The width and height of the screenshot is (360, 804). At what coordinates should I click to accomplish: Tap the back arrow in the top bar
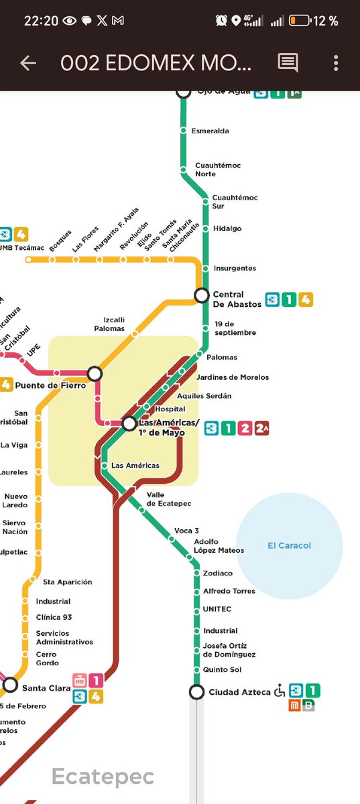pos(28,63)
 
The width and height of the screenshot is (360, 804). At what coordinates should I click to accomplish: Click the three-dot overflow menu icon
pos(335,63)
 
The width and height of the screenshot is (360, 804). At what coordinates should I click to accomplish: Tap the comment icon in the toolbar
pos(288,63)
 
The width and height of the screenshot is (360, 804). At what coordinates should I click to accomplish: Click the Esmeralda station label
pos(210,131)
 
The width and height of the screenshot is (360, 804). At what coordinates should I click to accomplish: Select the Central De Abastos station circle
pos(202,295)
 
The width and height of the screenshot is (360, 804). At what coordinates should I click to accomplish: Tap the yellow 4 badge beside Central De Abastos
pos(306,299)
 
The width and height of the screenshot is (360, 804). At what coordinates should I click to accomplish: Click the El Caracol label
pos(289,545)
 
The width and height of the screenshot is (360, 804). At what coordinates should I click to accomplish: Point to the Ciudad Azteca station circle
pos(196,691)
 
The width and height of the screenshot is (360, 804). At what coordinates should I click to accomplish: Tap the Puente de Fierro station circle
pos(95,373)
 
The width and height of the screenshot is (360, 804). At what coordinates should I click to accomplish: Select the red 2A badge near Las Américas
pos(261,427)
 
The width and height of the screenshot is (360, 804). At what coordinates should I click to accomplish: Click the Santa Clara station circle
pos(10,685)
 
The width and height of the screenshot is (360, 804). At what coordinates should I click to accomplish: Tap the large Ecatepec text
pos(103,777)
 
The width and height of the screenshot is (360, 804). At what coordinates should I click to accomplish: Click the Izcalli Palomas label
pos(114,324)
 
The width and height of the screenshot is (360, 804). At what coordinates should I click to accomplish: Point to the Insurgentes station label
pos(235,268)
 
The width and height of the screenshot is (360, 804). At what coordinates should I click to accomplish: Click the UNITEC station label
pos(217,609)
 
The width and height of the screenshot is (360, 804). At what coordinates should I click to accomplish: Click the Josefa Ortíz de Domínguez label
pos(229,650)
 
